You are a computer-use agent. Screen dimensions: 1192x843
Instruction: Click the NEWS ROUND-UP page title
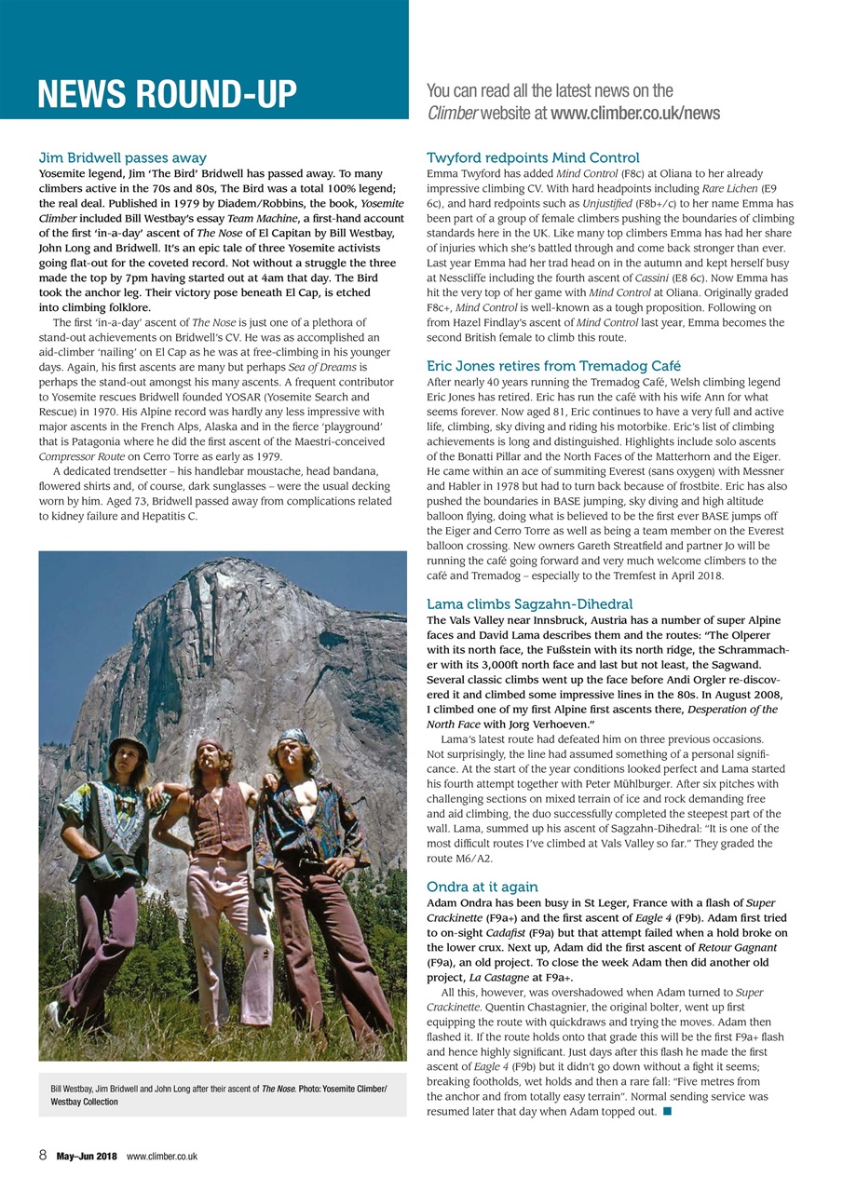coord(167,94)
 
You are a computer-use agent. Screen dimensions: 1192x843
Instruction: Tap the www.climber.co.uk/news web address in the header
coord(634,114)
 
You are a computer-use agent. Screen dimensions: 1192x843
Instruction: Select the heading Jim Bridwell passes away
coord(122,157)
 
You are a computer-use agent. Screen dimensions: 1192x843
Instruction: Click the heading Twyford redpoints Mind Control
coord(532,157)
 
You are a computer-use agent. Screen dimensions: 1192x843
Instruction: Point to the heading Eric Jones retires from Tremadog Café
coord(553,366)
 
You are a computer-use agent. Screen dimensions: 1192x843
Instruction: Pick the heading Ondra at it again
coord(482,887)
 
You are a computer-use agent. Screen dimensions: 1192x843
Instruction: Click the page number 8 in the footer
coord(43,1156)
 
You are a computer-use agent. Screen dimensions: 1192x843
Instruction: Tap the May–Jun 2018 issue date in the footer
coord(86,1157)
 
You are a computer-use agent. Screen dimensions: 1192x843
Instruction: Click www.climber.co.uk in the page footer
coord(161,1157)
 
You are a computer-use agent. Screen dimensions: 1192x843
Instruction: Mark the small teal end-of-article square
coord(668,1112)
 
